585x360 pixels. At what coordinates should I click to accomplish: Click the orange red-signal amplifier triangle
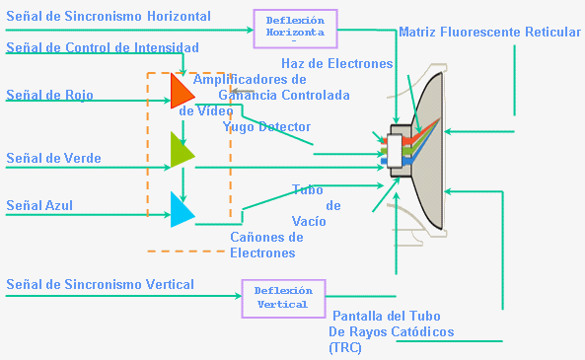coord(181,90)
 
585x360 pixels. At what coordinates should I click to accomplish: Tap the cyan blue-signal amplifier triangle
coord(181,210)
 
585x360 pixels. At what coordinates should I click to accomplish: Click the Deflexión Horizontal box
coord(295,28)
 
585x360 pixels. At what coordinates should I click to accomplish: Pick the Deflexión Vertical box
coord(283,298)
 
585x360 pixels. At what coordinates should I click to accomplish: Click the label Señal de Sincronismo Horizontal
coord(109,17)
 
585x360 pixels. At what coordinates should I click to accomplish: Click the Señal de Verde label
coord(53,158)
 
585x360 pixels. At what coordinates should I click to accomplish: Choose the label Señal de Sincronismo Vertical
coord(100,284)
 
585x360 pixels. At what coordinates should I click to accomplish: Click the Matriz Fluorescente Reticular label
coord(489,33)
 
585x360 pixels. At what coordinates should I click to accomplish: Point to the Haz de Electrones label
coord(336,63)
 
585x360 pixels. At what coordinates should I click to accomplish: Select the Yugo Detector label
coord(266,126)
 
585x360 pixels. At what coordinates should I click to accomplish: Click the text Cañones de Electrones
coord(265,245)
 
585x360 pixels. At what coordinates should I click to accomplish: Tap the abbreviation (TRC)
coord(345,348)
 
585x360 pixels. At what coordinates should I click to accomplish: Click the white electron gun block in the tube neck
coord(396,151)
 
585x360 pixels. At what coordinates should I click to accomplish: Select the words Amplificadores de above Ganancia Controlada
coord(250,79)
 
